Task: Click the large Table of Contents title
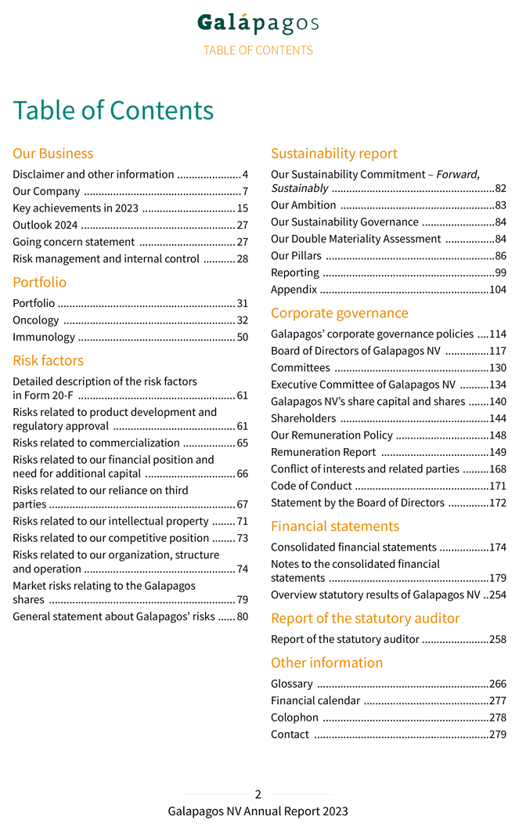point(114,110)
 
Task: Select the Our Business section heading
point(53,154)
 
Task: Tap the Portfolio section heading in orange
point(40,282)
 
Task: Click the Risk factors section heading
point(49,360)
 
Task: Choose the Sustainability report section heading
point(334,154)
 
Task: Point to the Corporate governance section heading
point(340,313)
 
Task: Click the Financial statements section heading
point(335,526)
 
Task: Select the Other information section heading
point(327,663)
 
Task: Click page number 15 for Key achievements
point(243,208)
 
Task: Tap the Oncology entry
point(36,320)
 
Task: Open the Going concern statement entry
point(74,242)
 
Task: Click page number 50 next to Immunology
point(243,338)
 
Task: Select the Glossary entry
point(292,684)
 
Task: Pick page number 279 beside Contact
point(497,735)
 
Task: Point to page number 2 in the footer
point(258,794)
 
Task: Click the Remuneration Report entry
point(323,452)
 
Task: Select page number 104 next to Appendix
point(497,290)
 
